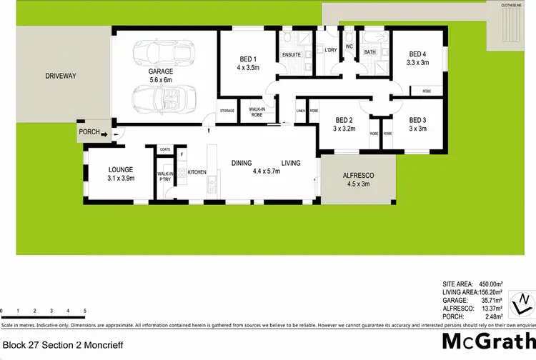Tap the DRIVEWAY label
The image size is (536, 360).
(x=60, y=76)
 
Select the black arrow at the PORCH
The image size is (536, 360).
(x=105, y=133)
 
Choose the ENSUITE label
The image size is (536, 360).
(x=290, y=54)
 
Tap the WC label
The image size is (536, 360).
(x=349, y=47)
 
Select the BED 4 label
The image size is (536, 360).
(x=417, y=54)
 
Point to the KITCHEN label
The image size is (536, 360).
(x=197, y=173)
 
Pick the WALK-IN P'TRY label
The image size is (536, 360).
(x=164, y=176)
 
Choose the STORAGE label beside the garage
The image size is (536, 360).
(x=227, y=111)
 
